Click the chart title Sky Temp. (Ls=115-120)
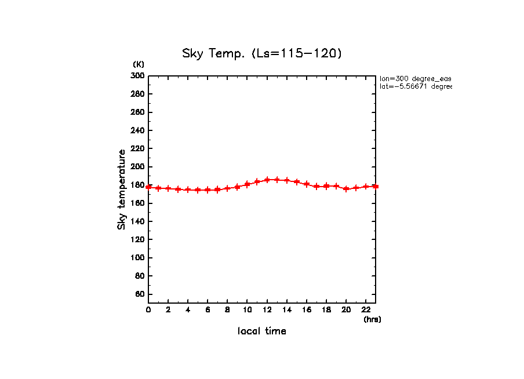coord(262,54)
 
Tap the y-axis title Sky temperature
coord(122,189)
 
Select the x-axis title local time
coord(262,331)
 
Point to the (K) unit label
coord(139,64)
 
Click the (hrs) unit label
coord(372,319)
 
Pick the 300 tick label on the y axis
coord(137,75)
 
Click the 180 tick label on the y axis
coord(137,185)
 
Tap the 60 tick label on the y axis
coord(139,294)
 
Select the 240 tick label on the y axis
coord(137,130)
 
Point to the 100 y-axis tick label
coord(137,258)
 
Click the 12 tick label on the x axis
coord(267,310)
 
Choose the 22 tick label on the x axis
coord(366,310)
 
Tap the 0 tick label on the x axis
coord(148,310)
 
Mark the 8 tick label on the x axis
coord(227,310)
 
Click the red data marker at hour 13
coord(277,180)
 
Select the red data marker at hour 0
coord(148,187)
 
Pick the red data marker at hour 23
coord(376,187)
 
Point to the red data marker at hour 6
coord(208,190)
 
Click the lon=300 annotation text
coord(415,78)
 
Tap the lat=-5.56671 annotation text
coord(415,86)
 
